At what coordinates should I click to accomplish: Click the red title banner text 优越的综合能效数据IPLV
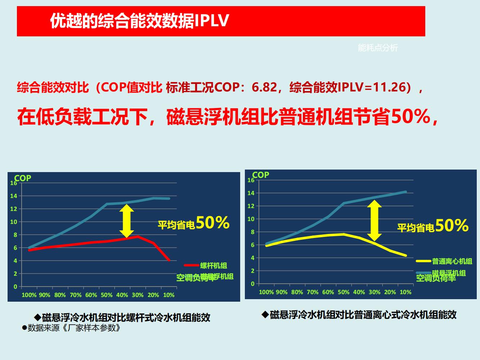click(139, 21)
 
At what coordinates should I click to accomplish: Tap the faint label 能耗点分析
click(378, 48)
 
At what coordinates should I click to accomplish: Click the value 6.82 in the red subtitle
click(264, 87)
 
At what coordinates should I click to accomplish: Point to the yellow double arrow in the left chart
click(126, 221)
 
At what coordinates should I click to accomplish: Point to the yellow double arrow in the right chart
click(374, 220)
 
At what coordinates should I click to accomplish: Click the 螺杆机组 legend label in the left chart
click(214, 266)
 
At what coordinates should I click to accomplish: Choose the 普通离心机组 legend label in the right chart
click(452, 261)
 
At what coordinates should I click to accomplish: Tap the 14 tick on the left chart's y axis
click(14, 196)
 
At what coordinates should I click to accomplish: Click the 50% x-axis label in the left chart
click(107, 295)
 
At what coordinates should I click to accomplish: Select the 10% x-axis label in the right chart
click(405, 292)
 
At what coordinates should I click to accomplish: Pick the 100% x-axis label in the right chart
click(266, 292)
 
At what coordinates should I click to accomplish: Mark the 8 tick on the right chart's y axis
click(252, 232)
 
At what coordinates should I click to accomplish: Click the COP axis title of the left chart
click(23, 178)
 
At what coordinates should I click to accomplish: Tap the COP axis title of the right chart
click(261, 175)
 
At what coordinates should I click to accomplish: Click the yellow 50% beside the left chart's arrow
click(212, 223)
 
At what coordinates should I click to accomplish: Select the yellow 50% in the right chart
click(452, 226)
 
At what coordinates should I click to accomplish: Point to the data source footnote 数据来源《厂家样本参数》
click(71, 328)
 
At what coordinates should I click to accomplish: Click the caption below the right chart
click(359, 315)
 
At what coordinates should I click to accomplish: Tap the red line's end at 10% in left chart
click(169, 260)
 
